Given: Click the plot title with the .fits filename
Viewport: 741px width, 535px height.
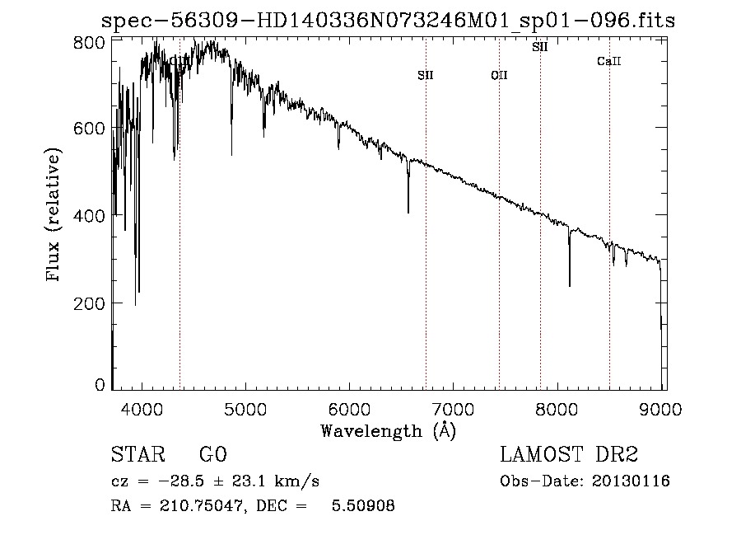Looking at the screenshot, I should click(388, 21).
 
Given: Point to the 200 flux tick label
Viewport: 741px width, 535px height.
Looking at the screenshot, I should click(94, 303).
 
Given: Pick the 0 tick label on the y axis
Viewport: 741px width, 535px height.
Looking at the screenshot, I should click(100, 385).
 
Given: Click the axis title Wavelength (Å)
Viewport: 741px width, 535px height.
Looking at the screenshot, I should click(388, 430).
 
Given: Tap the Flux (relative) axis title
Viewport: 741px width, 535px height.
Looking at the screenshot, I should click(54, 215).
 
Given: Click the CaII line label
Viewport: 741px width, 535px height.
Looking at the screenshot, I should click(608, 61).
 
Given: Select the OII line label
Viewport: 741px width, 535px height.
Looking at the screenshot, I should click(499, 75).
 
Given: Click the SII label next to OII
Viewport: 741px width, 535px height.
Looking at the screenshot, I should click(425, 75).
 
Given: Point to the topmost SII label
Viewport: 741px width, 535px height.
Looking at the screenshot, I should click(539, 47).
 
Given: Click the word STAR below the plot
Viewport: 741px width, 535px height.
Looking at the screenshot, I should click(136, 455).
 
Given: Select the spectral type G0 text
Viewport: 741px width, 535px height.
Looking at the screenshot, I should click(212, 455).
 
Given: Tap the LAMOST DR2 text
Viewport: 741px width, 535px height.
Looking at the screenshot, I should click(569, 455).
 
